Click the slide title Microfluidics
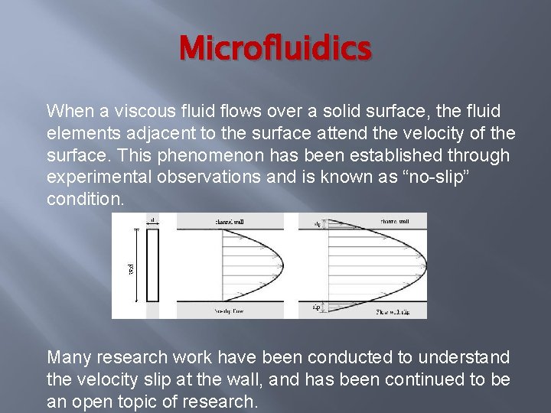pyautogui.click(x=275, y=49)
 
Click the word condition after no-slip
pyautogui.click(x=84, y=200)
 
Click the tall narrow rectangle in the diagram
pyautogui.click(x=152, y=265)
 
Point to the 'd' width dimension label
pyautogui.click(x=152, y=220)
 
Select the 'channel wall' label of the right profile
pyautogui.click(x=393, y=221)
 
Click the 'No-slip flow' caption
pyautogui.click(x=229, y=312)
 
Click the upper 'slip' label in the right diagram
pyautogui.click(x=317, y=224)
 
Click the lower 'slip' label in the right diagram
pyautogui.click(x=315, y=307)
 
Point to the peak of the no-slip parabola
pyautogui.click(x=279, y=265)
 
